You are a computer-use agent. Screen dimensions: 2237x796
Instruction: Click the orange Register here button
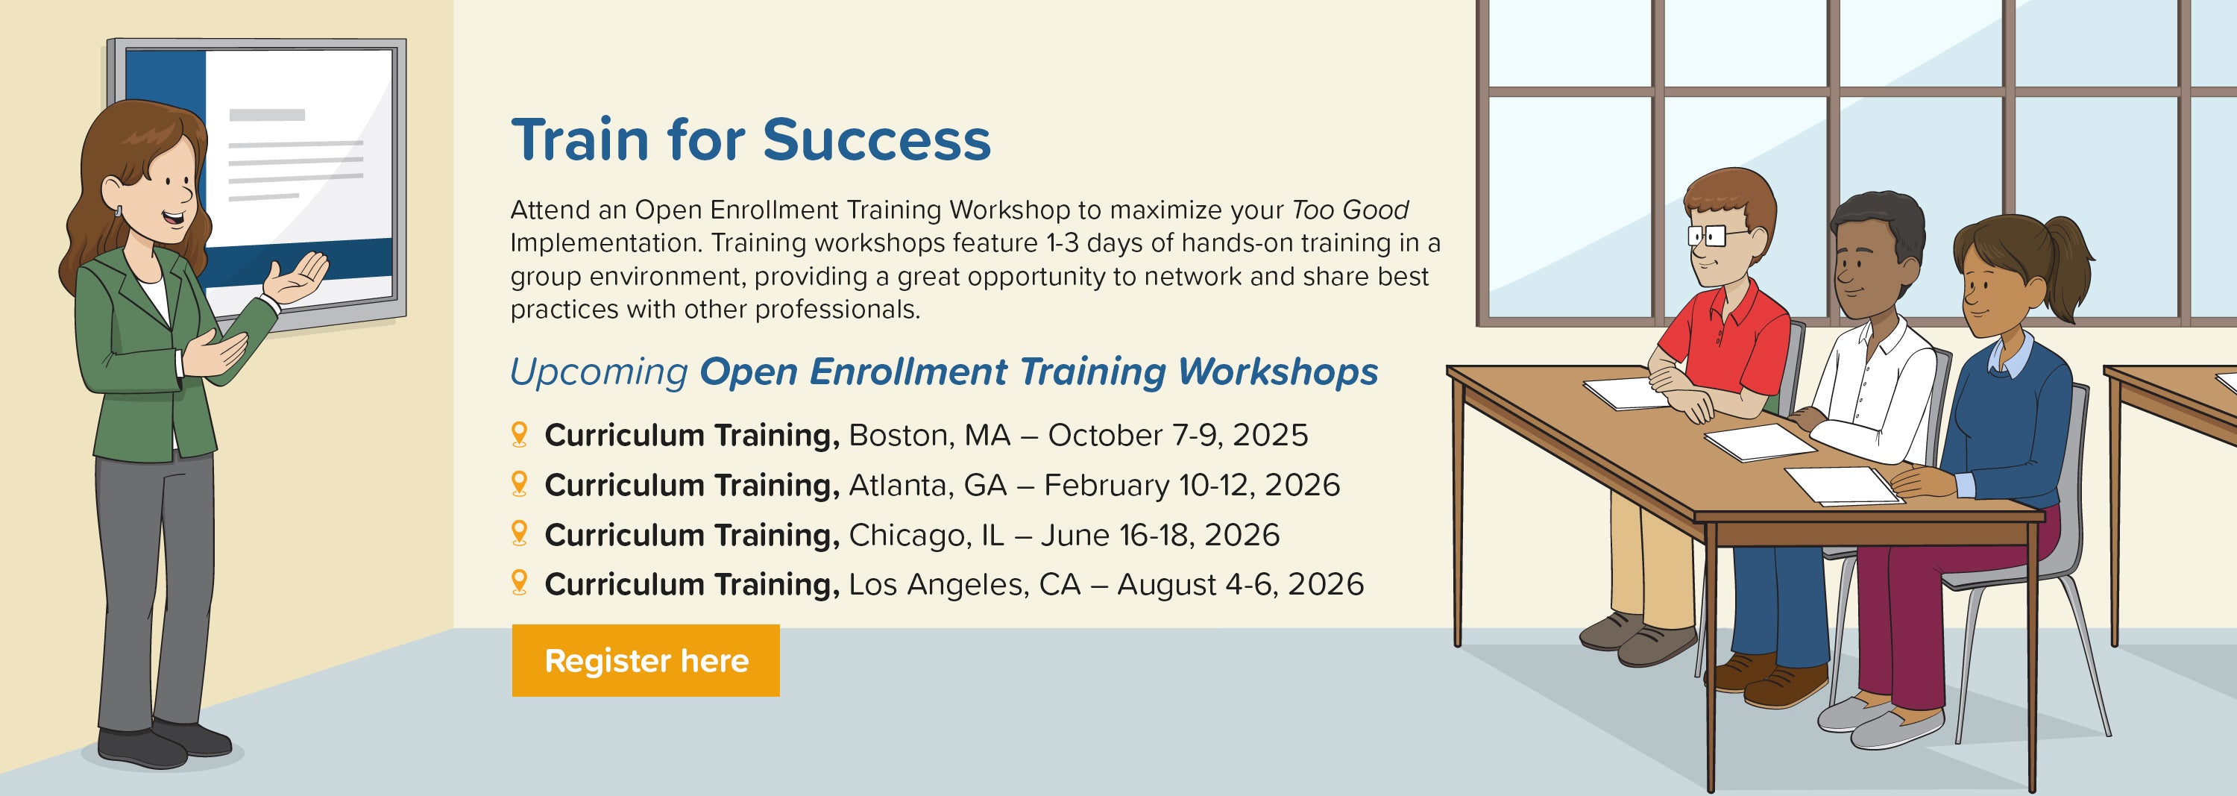click(x=645, y=660)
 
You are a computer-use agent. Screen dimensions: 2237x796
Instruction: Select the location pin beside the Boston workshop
click(x=519, y=434)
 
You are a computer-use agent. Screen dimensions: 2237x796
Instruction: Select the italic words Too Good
click(x=1350, y=210)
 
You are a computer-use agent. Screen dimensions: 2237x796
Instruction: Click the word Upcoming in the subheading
click(x=600, y=373)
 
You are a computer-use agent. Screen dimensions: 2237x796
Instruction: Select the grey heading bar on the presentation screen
click(x=267, y=115)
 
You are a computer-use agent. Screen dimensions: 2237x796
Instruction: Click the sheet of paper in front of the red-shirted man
click(x=1626, y=392)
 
